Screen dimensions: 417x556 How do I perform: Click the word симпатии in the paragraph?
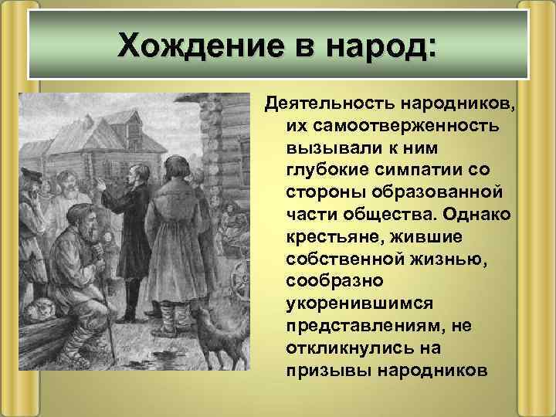(x=441, y=168)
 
